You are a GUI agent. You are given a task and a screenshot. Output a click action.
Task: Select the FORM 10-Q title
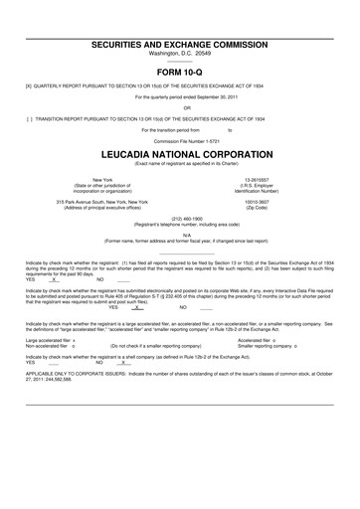[x=180, y=73]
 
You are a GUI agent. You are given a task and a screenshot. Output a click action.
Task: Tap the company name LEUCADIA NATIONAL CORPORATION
[x=180, y=157]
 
